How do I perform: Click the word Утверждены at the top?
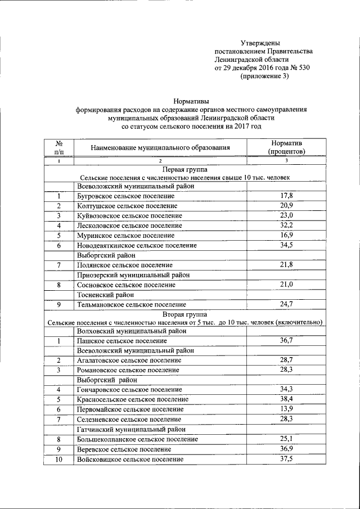(x=260, y=43)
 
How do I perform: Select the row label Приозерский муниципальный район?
(x=133, y=275)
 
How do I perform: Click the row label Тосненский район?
(x=105, y=295)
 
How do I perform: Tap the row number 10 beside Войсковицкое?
(x=58, y=460)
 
